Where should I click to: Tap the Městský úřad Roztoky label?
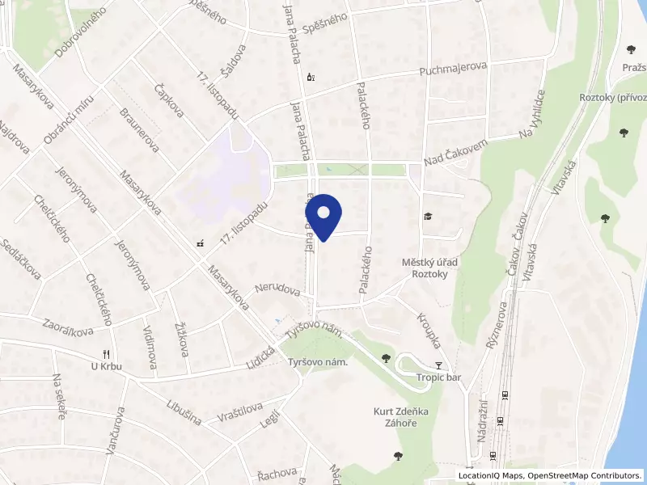pyautogui.click(x=430, y=268)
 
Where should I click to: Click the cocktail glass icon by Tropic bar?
pyautogui.click(x=438, y=365)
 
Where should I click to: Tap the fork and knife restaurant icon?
pyautogui.click(x=106, y=354)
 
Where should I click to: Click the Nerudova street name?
pyautogui.click(x=277, y=289)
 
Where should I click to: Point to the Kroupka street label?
pyautogui.click(x=429, y=330)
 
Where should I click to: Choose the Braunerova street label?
pyautogui.click(x=138, y=130)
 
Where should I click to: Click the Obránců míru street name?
pyautogui.click(x=70, y=123)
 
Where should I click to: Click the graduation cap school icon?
pyautogui.click(x=427, y=217)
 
